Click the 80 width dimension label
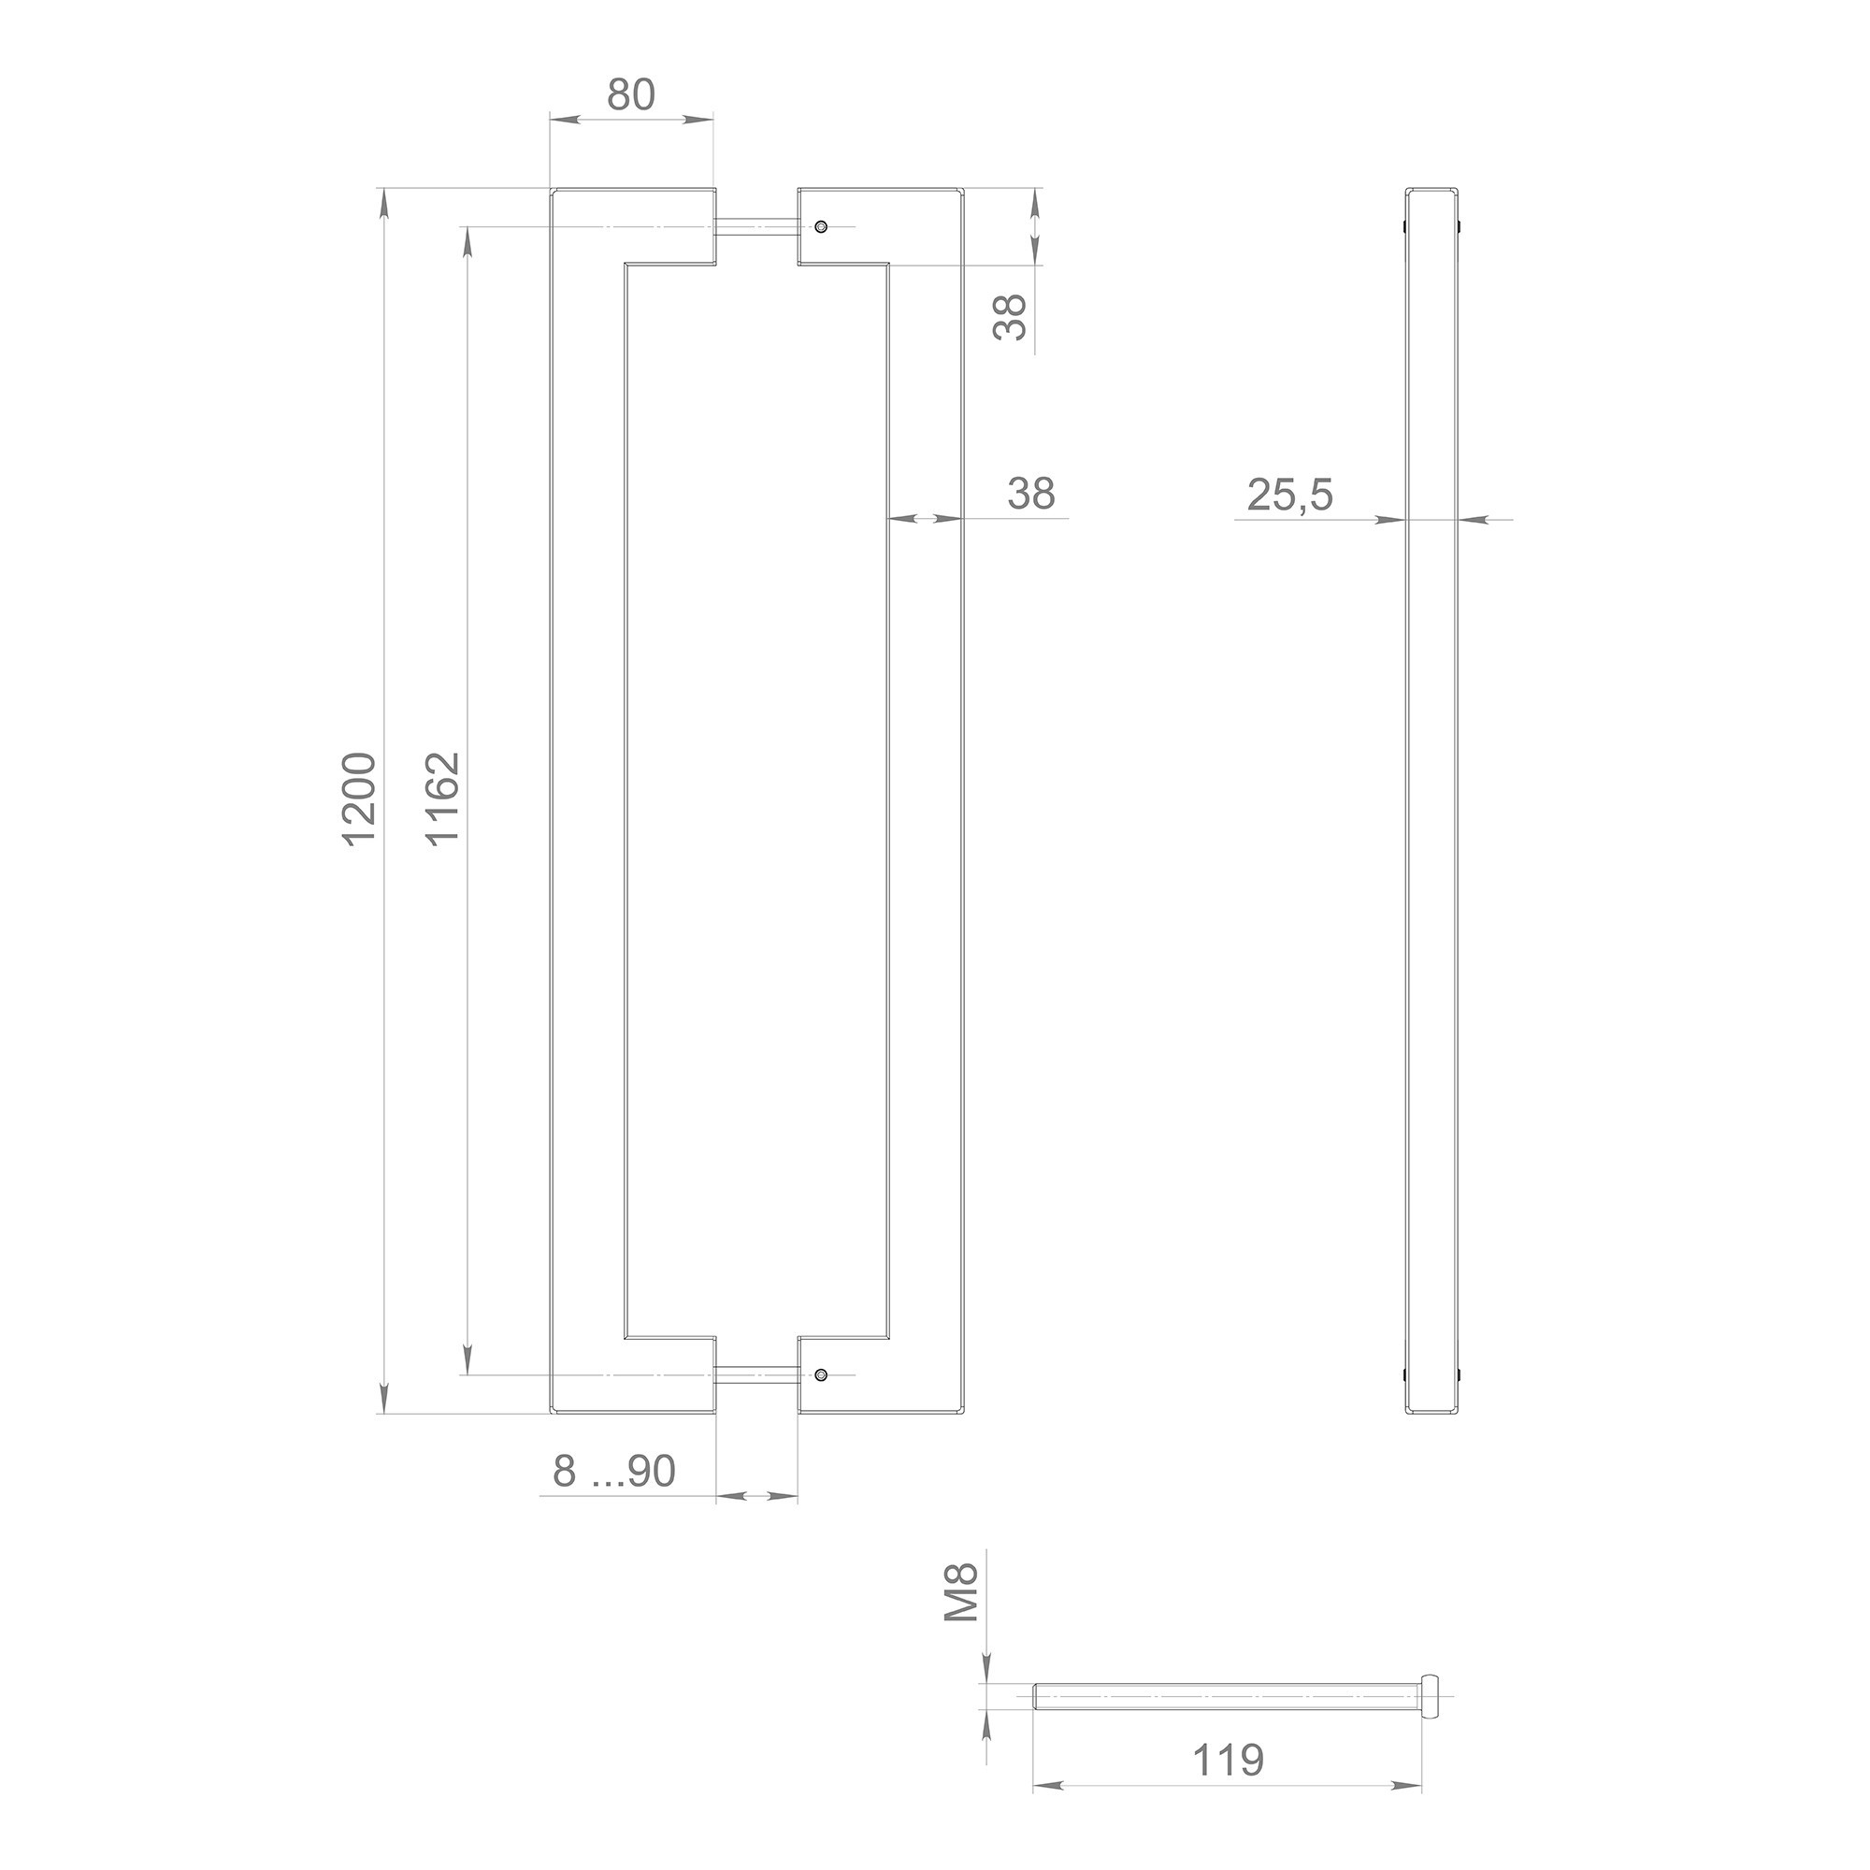point(631,94)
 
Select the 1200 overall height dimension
point(359,798)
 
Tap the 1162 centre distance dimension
point(443,798)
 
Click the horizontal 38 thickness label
point(1029,494)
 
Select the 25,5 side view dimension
point(1289,496)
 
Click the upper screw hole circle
point(821,226)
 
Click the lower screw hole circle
point(821,1374)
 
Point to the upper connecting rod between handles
point(757,226)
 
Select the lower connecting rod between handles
point(757,1374)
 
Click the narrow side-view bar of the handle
point(1432,799)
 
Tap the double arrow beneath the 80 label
point(631,119)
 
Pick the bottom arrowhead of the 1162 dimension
point(468,1355)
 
